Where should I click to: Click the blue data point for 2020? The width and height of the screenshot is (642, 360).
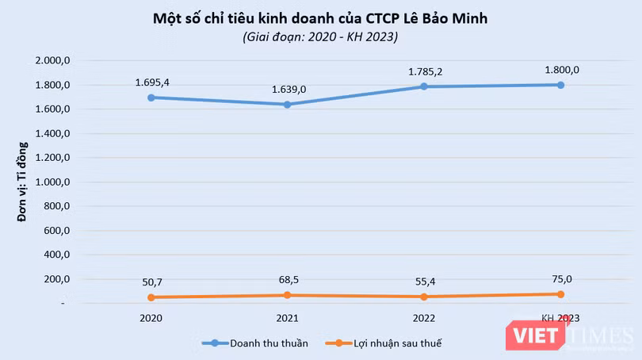pyautogui.click(x=150, y=98)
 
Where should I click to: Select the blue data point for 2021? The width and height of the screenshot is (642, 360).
pyautogui.click(x=287, y=104)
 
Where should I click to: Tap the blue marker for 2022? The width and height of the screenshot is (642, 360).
pyautogui.click(x=423, y=86)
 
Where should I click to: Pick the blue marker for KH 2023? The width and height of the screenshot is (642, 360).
pyautogui.click(x=560, y=85)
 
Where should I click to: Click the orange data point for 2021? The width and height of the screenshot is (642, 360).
pyautogui.click(x=287, y=295)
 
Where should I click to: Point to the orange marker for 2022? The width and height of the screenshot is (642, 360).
pyautogui.click(x=423, y=297)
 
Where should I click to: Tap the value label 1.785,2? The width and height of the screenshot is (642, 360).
pyautogui.click(x=423, y=71)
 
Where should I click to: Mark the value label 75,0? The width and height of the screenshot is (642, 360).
pyautogui.click(x=560, y=279)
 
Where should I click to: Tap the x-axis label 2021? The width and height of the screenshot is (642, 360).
pyautogui.click(x=287, y=318)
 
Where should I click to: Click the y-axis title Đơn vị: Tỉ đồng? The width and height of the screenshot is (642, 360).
pyautogui.click(x=23, y=182)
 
